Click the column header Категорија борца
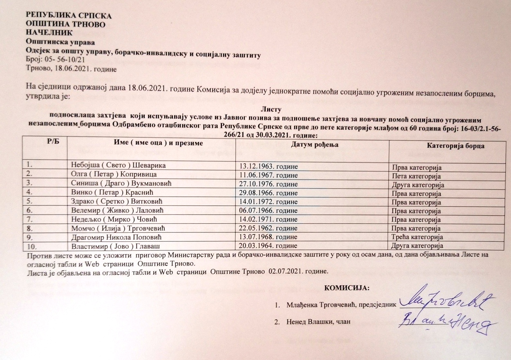pyautogui.click(x=455, y=146)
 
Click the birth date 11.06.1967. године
pyautogui.click(x=269, y=176)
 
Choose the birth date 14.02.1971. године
pyautogui.click(x=269, y=220)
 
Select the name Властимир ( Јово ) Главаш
pyautogui.click(x=116, y=246)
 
